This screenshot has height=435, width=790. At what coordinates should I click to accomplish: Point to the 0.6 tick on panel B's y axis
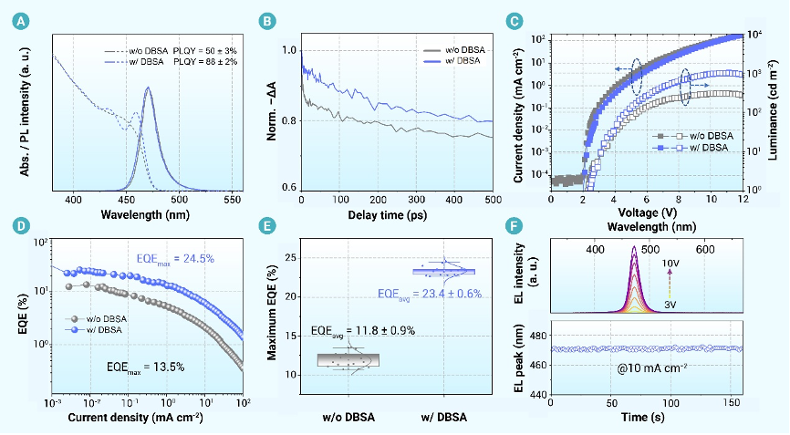click(x=290, y=188)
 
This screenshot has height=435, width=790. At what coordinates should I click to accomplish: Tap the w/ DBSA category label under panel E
click(x=442, y=418)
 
